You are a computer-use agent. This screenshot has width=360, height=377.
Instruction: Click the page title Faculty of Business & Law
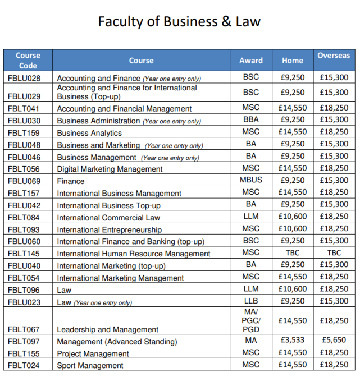[x=179, y=21]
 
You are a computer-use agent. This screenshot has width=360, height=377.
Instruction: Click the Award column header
[x=250, y=61]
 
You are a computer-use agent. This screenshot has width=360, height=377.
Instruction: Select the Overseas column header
[x=334, y=56]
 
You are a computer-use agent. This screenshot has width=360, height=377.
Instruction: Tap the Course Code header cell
[x=28, y=61]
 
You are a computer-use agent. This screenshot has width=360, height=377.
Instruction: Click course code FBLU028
[x=24, y=79]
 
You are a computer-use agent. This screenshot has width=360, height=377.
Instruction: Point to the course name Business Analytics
[x=89, y=133]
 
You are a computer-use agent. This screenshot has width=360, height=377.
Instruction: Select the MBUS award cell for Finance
[x=250, y=180]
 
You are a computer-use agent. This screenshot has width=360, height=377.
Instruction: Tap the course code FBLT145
[x=24, y=254]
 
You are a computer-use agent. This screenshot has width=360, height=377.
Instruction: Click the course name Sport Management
[x=90, y=366]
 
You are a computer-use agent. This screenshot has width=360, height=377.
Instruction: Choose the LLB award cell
[x=250, y=301]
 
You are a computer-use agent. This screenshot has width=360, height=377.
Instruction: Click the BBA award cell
[x=250, y=119]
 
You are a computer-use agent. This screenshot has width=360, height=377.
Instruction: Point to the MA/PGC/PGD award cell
[x=250, y=320]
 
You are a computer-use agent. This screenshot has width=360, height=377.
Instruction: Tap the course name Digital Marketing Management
[x=110, y=169]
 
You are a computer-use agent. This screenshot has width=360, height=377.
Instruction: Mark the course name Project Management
[x=93, y=353]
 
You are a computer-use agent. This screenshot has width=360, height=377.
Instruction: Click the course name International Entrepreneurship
[x=109, y=229]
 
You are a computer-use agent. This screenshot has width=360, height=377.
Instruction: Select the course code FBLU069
[x=24, y=181]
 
